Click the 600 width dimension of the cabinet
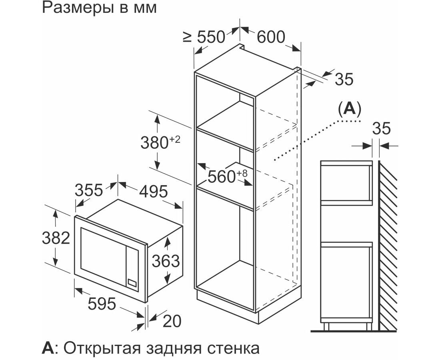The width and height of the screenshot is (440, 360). pyautogui.click(x=271, y=37)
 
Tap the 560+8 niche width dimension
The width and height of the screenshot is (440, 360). pyautogui.click(x=228, y=176)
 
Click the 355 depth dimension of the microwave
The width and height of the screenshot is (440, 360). pyautogui.click(x=89, y=190)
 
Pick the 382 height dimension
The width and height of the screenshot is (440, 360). pyautogui.click(x=56, y=238)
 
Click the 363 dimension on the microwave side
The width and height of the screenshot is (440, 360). pyautogui.click(x=166, y=261)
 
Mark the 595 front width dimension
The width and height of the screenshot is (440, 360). pyautogui.click(x=102, y=303)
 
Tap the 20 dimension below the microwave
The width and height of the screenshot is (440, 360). pyautogui.click(x=172, y=321)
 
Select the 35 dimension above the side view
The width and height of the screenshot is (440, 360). pyautogui.click(x=381, y=128)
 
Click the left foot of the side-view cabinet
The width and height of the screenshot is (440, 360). pyautogui.click(x=326, y=327)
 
